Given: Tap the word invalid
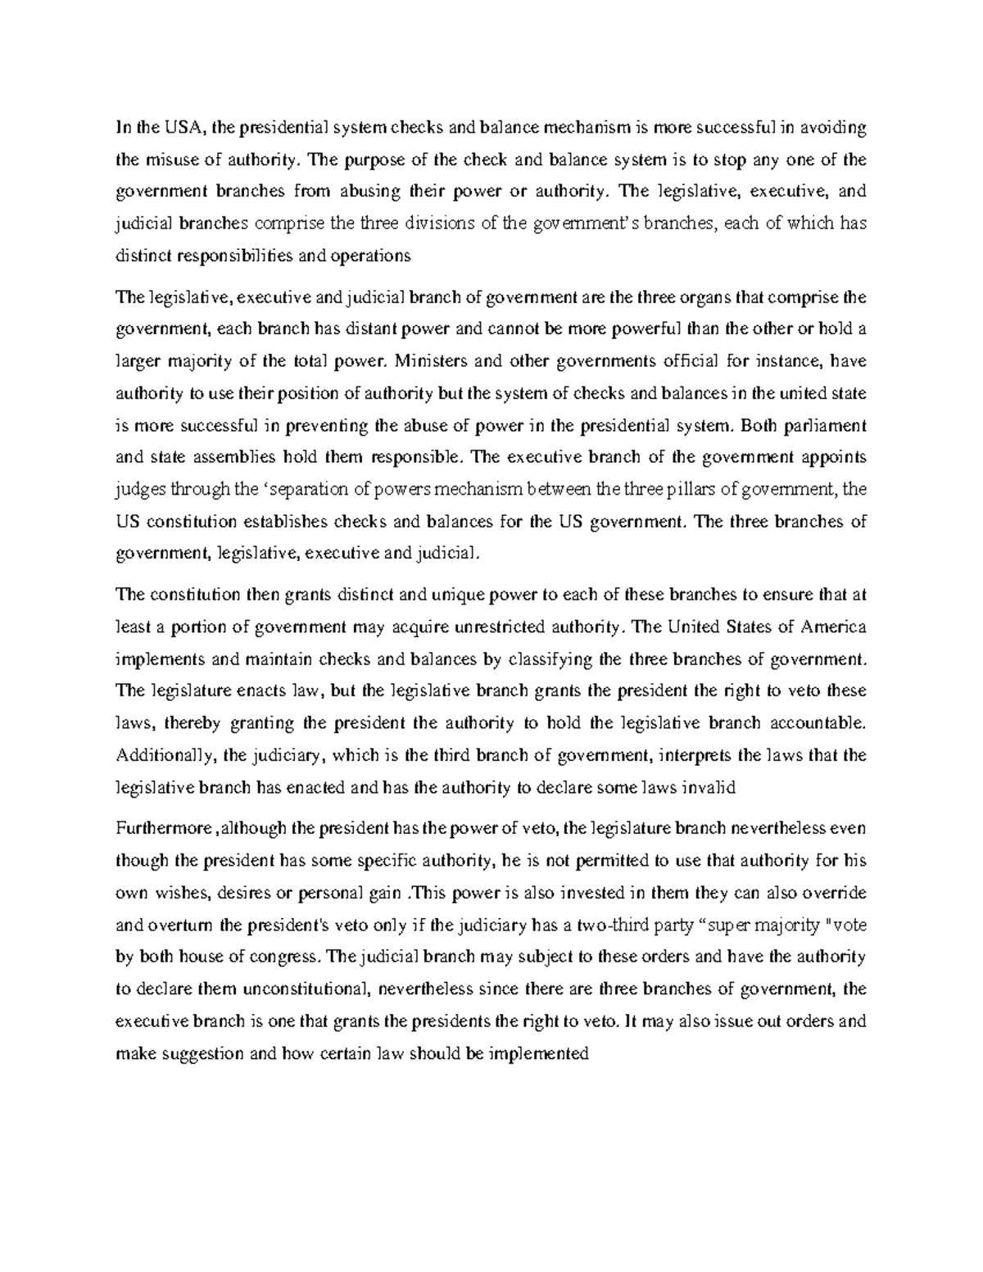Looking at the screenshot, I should tap(712, 788).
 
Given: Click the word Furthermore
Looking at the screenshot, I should tap(163, 829).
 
